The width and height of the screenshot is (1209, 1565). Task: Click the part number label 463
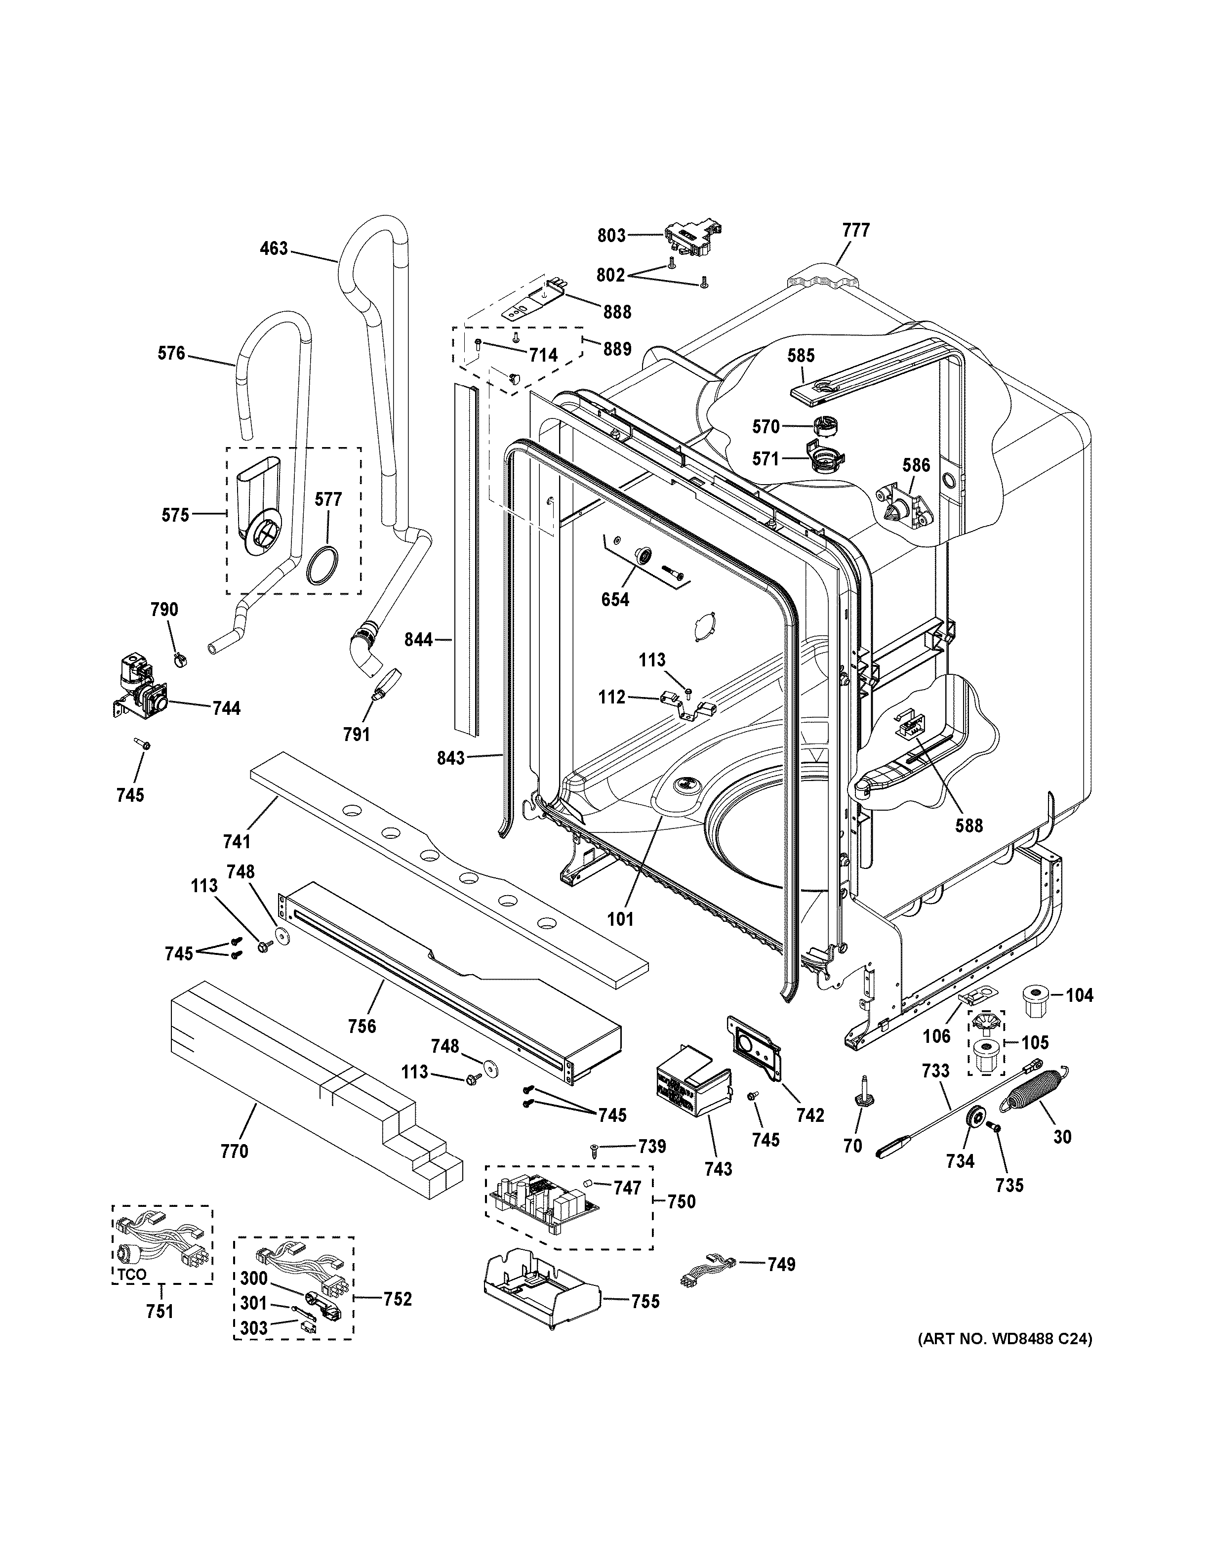pyautogui.click(x=274, y=248)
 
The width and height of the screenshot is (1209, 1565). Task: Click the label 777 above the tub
pyautogui.click(x=856, y=230)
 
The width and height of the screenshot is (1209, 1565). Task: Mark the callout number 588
pyautogui.click(x=969, y=825)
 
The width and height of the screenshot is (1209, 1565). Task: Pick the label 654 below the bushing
pyautogui.click(x=615, y=599)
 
